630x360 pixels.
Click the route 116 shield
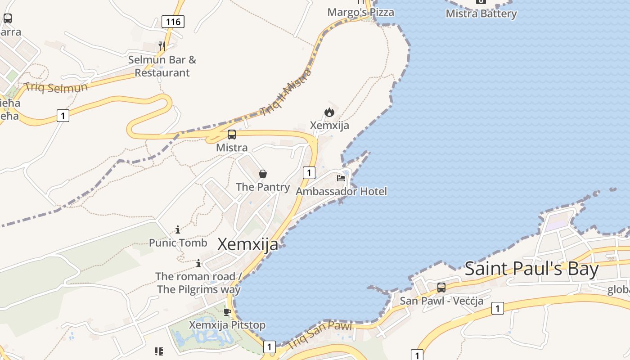pos(173,21)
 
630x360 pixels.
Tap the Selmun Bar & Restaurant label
pos(162,66)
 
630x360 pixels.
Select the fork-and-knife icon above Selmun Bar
pos(162,46)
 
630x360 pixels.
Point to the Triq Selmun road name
pos(56,87)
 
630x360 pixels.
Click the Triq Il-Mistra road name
pos(286,92)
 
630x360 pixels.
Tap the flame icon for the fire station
pos(329,112)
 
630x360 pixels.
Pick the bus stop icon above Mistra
pos(232,134)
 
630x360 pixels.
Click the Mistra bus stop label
pos(232,148)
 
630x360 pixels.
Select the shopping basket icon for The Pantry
pos(263,174)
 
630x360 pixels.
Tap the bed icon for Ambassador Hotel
pos(341,178)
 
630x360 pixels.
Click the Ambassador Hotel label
pos(341,191)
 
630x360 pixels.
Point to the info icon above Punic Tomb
pos(178,229)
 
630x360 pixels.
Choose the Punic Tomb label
pos(178,243)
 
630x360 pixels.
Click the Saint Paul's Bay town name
pos(531,269)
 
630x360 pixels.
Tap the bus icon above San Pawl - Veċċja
pos(441,287)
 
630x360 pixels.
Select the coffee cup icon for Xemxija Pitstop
pos(227,312)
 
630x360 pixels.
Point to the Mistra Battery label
pos(481,13)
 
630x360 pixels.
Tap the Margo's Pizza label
pos(360,12)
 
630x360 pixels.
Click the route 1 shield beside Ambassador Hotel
pos(309,172)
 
